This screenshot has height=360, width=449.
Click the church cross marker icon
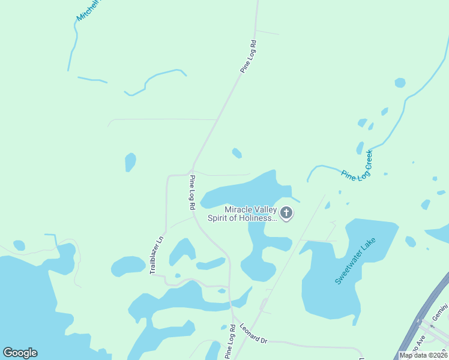[286, 213]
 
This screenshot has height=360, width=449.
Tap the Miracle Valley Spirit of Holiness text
[243, 214]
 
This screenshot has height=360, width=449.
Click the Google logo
[20, 353]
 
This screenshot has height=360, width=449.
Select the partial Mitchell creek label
[88, 10]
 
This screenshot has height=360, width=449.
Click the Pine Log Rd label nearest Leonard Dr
[229, 344]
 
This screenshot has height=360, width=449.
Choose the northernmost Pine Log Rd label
[249, 57]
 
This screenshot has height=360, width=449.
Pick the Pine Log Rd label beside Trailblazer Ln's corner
[192, 192]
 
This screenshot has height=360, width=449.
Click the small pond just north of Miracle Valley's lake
[237, 153]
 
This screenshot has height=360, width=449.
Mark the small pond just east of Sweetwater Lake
[411, 242]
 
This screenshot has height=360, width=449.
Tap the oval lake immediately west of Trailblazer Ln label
[128, 266]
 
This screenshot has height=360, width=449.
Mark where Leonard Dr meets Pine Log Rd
[233, 317]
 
